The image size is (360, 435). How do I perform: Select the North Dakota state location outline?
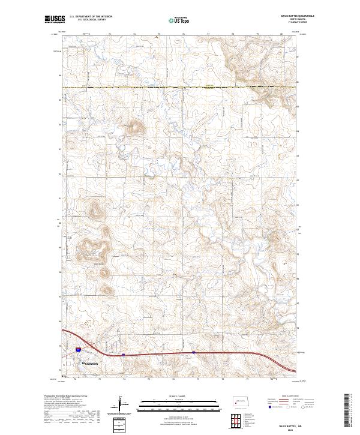[242, 401]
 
